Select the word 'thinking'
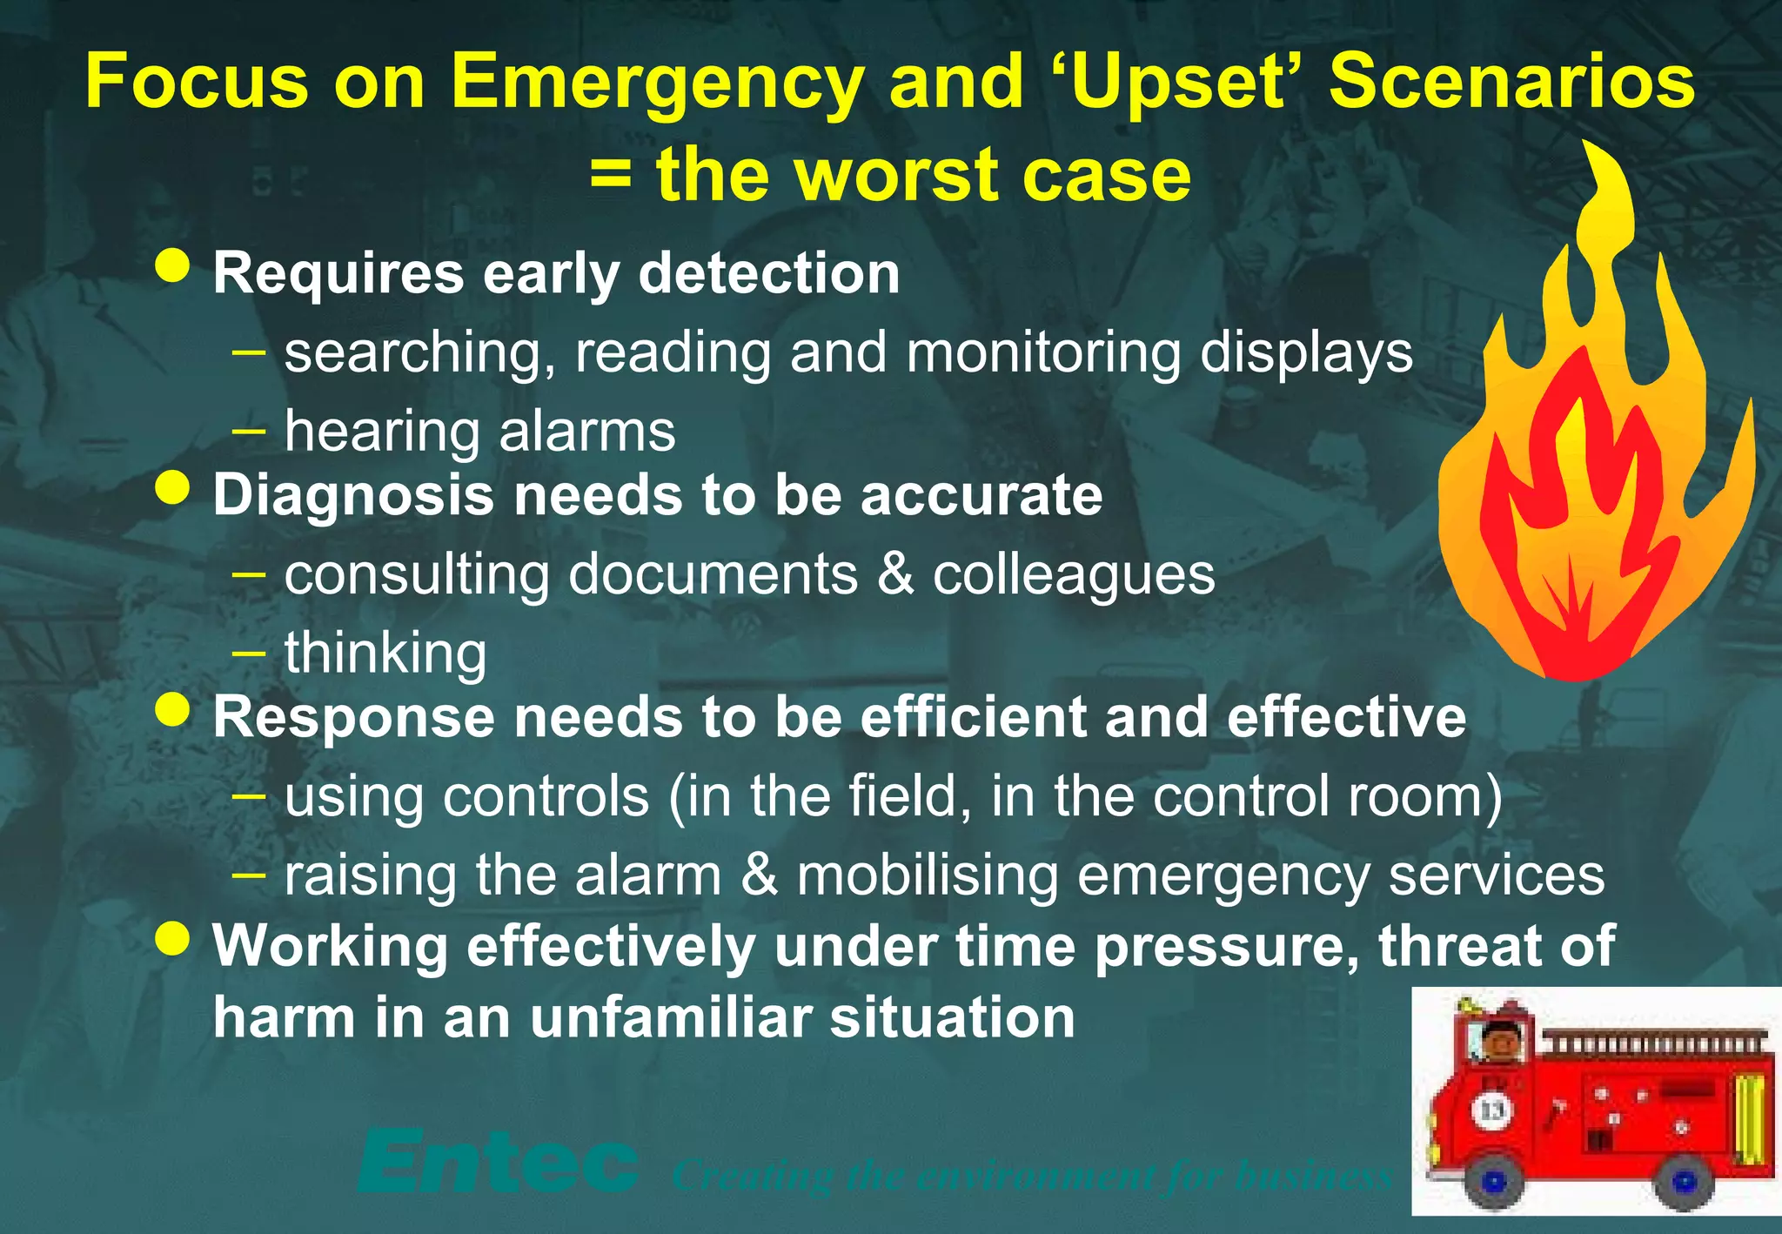[385, 653]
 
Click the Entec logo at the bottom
[498, 1163]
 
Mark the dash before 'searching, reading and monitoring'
[250, 352]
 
